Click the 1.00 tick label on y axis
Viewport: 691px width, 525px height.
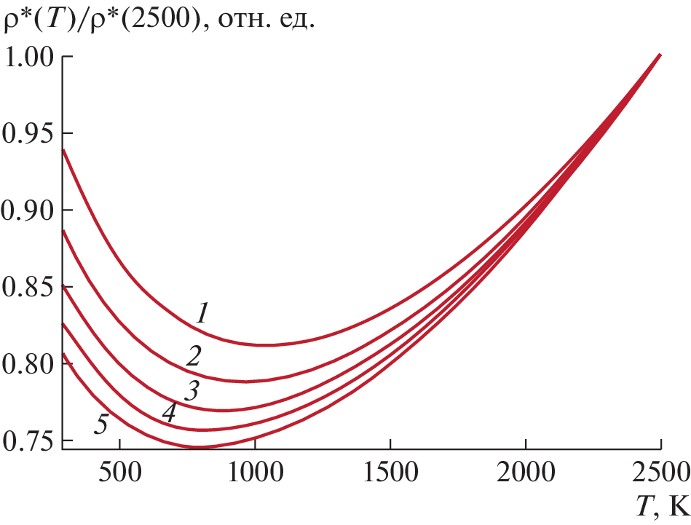coord(28,57)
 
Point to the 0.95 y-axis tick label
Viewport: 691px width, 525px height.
coord(28,134)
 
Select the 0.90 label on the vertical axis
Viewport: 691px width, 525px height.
coord(28,210)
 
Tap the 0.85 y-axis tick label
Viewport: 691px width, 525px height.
coord(28,288)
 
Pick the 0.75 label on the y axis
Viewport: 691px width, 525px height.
coord(28,441)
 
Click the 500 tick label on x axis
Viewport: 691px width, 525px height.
coord(119,466)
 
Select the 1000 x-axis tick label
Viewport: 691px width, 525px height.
coord(255,466)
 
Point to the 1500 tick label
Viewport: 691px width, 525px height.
coord(390,466)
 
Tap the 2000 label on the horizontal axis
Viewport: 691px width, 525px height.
coord(526,466)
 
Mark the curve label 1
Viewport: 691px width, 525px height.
coord(203,314)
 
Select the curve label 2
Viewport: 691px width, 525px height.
coord(194,357)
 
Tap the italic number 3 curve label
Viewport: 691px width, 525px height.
coord(191,392)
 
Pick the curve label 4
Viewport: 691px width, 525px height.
coord(169,413)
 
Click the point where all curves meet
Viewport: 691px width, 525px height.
coord(660,55)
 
